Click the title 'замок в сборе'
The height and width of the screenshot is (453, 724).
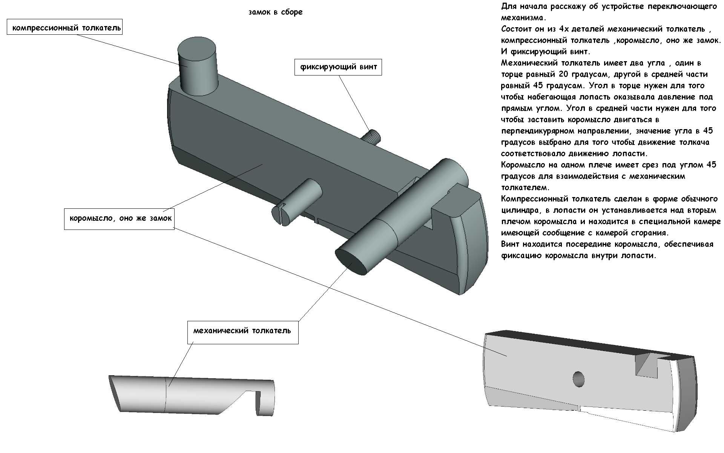(275, 12)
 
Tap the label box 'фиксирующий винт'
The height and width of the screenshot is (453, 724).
(338, 67)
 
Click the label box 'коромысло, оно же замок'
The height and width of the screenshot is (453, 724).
(120, 218)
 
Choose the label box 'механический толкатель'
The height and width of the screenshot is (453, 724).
(242, 331)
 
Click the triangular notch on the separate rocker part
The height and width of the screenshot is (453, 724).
(646, 365)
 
